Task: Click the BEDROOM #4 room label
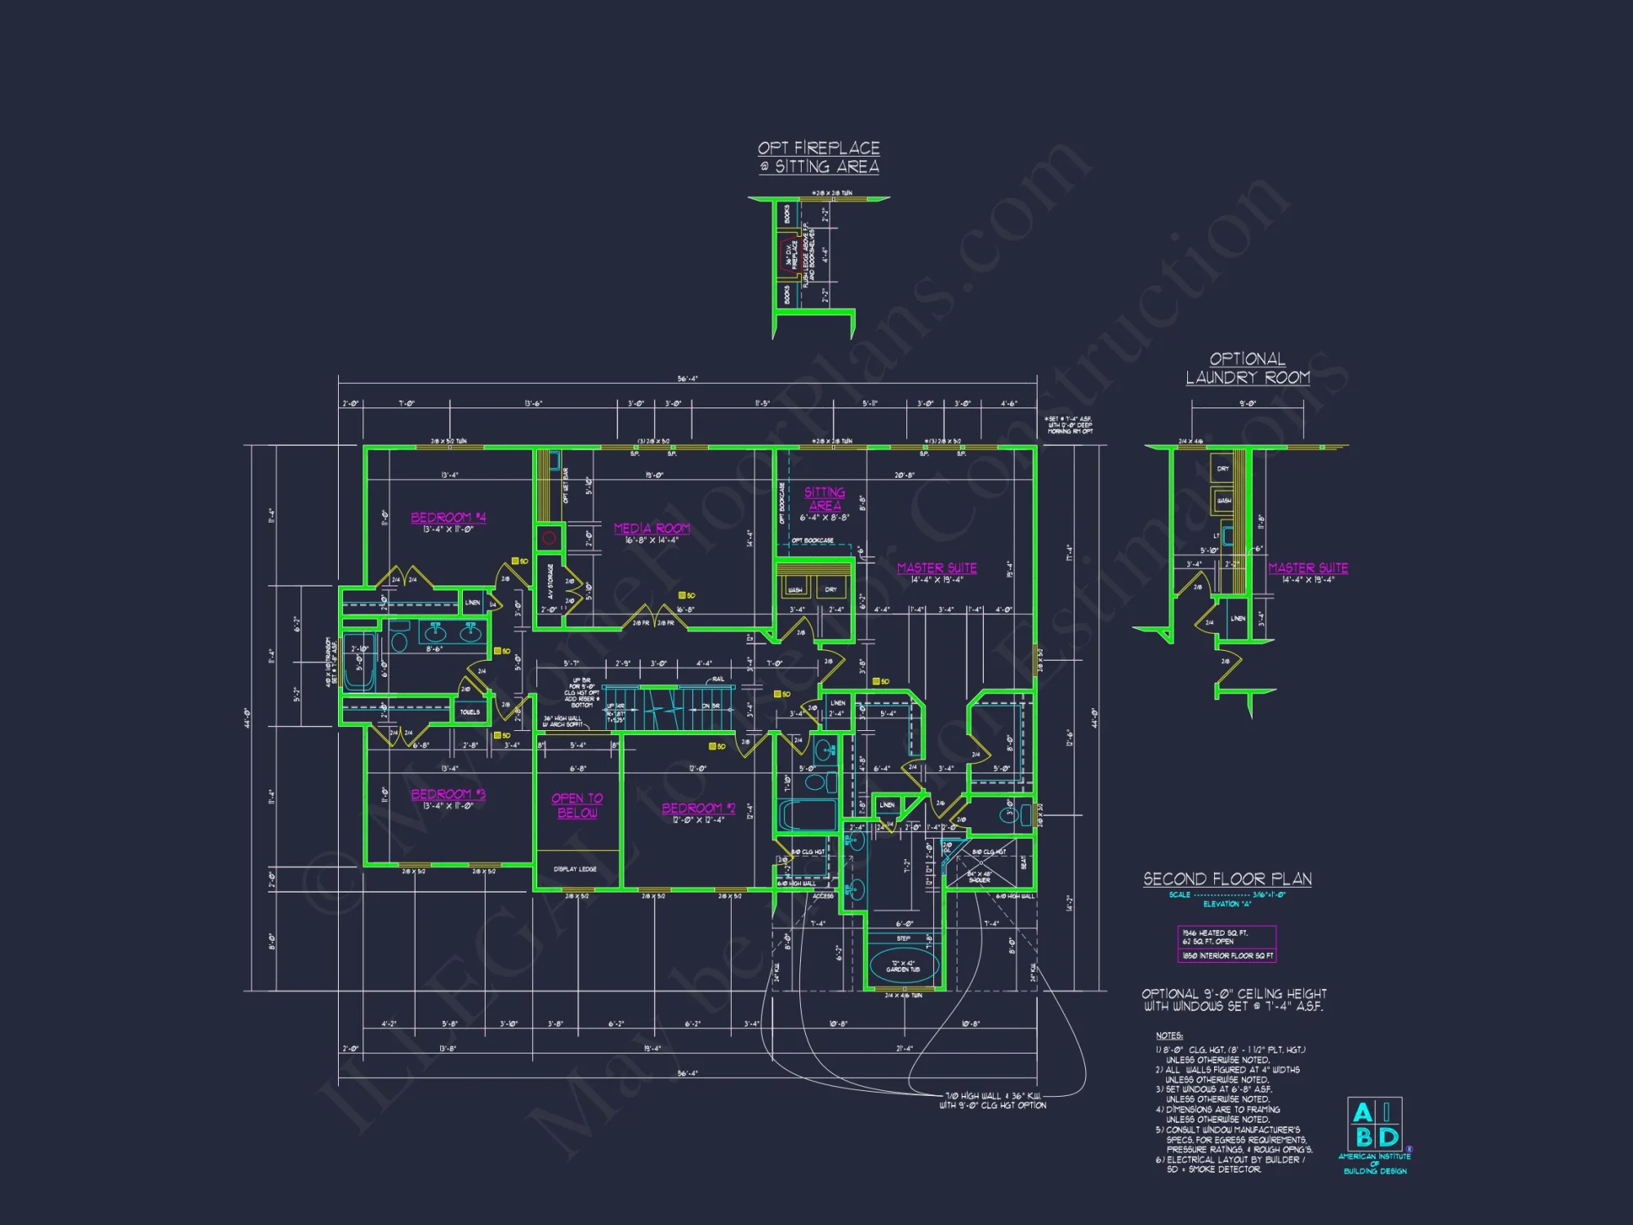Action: (448, 517)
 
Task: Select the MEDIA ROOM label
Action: (652, 528)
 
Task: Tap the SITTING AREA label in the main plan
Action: (825, 498)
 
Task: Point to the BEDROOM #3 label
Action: (448, 794)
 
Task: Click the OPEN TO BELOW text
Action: (577, 805)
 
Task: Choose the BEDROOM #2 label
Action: (698, 808)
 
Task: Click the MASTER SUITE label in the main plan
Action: (937, 568)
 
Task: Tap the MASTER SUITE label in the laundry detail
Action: (1307, 568)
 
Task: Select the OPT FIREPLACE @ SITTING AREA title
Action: (818, 157)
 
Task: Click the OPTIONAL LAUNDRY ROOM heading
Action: (1248, 368)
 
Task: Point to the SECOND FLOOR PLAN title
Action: (1227, 879)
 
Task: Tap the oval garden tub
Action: (903, 967)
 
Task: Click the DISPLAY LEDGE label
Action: (575, 869)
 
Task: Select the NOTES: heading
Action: (1169, 1036)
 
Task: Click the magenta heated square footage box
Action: (1226, 944)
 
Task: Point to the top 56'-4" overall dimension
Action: (687, 379)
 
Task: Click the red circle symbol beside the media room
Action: (550, 538)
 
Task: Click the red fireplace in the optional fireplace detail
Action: (788, 254)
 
